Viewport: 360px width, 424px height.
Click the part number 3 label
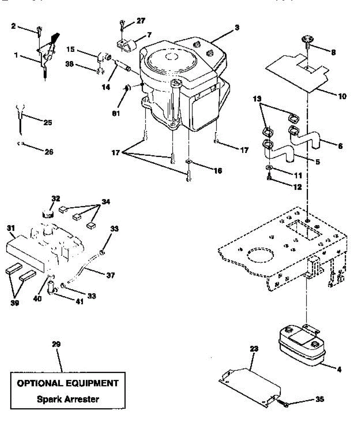coord(237,27)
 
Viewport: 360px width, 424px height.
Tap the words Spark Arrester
coord(68,399)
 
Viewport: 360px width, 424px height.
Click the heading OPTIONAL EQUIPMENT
coord(68,383)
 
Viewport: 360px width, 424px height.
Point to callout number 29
coord(56,344)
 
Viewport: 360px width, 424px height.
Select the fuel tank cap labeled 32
coord(48,213)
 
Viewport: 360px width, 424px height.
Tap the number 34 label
coord(106,202)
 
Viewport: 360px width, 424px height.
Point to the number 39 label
coord(14,303)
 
